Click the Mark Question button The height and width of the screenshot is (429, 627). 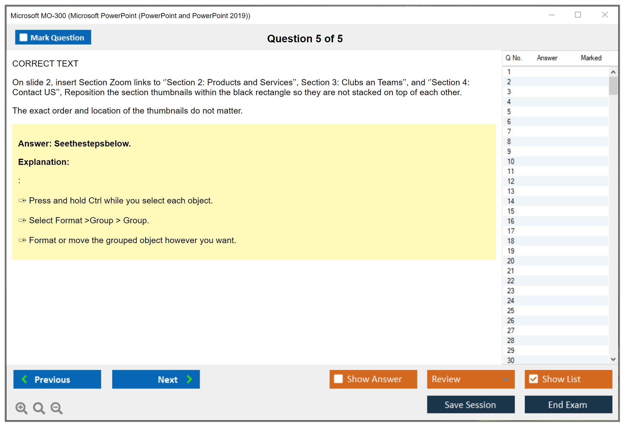(x=53, y=37)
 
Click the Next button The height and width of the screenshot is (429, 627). (x=156, y=379)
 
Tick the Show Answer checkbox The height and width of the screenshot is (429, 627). (x=338, y=379)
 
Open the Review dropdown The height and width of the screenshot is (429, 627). (x=471, y=379)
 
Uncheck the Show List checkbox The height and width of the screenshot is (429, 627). (x=533, y=379)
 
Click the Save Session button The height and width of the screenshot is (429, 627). (x=471, y=404)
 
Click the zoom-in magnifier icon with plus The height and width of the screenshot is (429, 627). (x=21, y=408)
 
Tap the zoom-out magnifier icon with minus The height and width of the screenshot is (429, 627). (x=57, y=408)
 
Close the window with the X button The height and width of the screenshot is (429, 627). (x=605, y=15)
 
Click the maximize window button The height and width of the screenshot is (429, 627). (x=578, y=15)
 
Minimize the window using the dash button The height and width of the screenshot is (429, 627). (x=551, y=15)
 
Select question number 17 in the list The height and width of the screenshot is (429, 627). (x=511, y=231)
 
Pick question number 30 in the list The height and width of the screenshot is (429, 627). (x=511, y=360)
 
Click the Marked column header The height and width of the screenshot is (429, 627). (x=591, y=58)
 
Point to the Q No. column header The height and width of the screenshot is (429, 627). (x=514, y=58)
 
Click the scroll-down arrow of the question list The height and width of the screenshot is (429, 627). (x=613, y=359)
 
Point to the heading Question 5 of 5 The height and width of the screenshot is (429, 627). (x=305, y=39)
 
